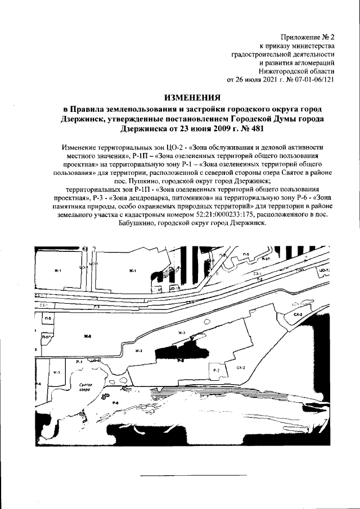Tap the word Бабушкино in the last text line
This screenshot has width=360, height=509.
point(141,223)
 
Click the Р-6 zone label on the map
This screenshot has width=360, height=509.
point(115,403)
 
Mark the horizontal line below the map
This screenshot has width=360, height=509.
point(181,476)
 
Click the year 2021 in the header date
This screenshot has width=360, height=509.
point(272,80)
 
